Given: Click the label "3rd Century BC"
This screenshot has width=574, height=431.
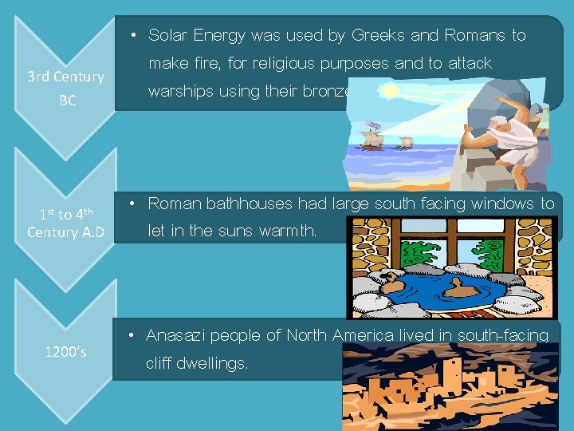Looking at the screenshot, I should click(x=65, y=89).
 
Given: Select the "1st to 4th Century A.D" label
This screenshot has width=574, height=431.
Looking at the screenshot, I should click(x=66, y=223).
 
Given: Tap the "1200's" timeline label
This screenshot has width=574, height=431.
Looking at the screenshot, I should click(x=66, y=351).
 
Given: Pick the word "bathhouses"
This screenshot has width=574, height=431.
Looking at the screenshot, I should click(x=250, y=204).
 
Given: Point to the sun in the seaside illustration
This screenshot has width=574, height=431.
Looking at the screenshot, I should click(x=388, y=92).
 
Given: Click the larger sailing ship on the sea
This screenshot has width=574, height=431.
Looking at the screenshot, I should click(x=371, y=136).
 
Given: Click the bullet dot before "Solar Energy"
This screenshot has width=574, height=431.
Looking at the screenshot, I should click(x=136, y=35).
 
